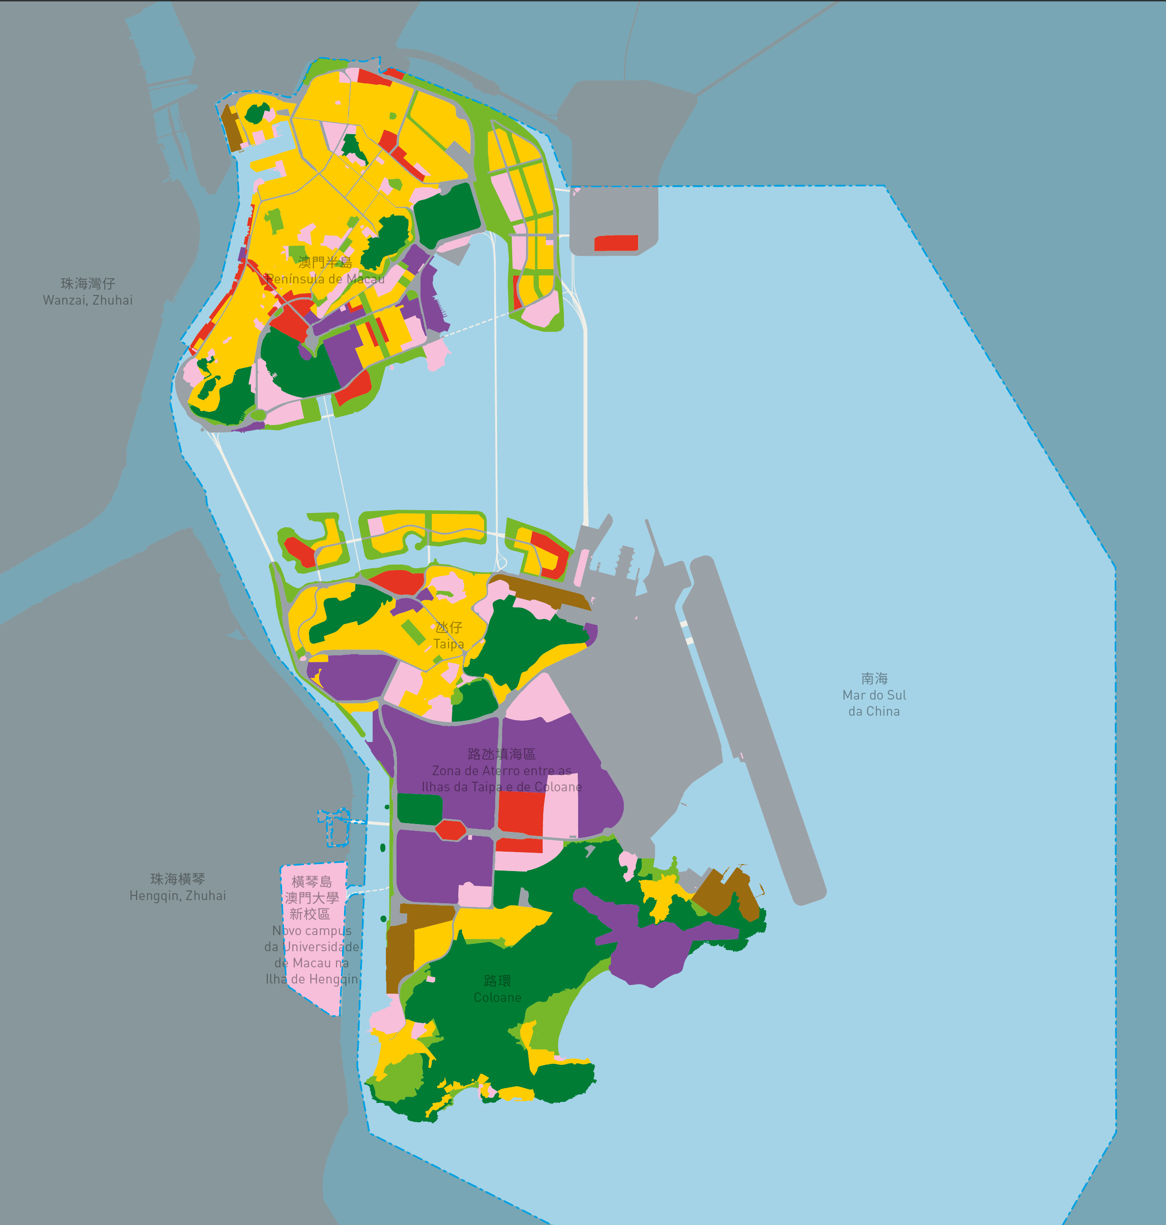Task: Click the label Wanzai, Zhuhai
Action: pyautogui.click(x=88, y=300)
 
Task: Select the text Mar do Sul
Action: pyautogui.click(x=874, y=695)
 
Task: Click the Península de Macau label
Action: pyautogui.click(x=325, y=279)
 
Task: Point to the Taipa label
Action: pyautogui.click(x=448, y=643)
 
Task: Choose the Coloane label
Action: pyautogui.click(x=497, y=997)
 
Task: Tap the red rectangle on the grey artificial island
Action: pyautogui.click(x=616, y=243)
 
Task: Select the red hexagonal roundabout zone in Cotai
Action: pyautogui.click(x=450, y=829)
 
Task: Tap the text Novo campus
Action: pyautogui.click(x=312, y=931)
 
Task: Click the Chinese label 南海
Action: pyautogui.click(x=874, y=678)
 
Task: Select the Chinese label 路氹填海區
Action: pyautogui.click(x=501, y=754)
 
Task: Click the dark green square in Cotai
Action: pyautogui.click(x=419, y=809)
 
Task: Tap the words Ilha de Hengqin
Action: pyautogui.click(x=312, y=979)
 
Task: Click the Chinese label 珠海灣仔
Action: pyautogui.click(x=88, y=283)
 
